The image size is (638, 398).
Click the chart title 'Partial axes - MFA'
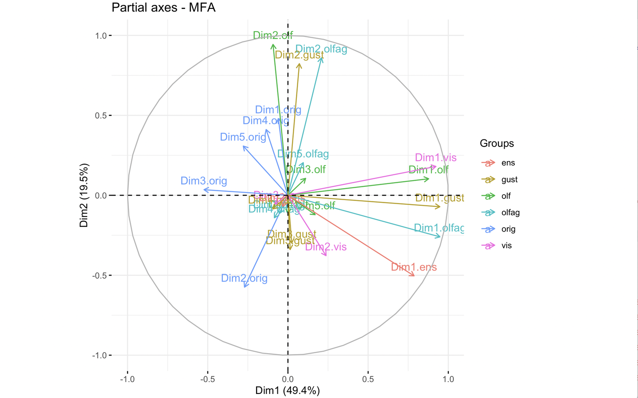click(x=163, y=8)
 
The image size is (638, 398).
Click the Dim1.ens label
click(x=414, y=267)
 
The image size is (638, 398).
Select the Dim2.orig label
click(x=244, y=278)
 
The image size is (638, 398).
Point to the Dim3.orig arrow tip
click(x=204, y=190)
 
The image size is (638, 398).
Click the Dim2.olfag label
click(x=321, y=49)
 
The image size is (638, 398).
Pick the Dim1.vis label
click(x=436, y=158)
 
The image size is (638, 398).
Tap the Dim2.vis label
click(x=326, y=247)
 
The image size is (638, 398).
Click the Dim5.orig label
click(x=243, y=137)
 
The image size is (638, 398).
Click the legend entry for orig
click(x=508, y=229)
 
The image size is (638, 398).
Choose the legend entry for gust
click(x=509, y=179)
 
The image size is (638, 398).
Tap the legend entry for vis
click(x=506, y=245)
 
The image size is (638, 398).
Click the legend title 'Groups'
click(x=497, y=143)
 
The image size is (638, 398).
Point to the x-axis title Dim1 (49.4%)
click(x=288, y=390)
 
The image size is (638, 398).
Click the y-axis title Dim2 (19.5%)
click(x=84, y=195)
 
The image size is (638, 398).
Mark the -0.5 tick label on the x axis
click(x=207, y=379)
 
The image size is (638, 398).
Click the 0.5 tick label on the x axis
click(x=368, y=379)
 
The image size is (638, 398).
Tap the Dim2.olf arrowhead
click(x=273, y=45)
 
